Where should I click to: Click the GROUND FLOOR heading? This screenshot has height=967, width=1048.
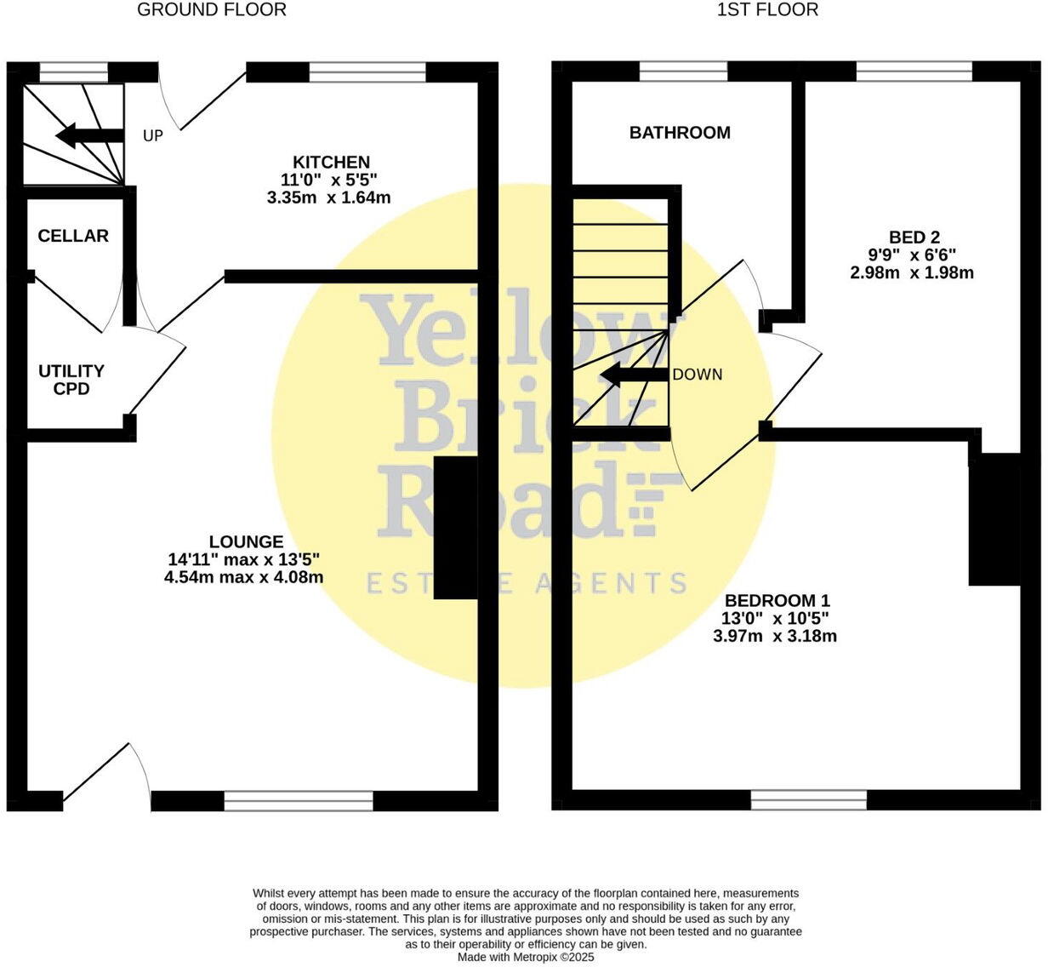212,10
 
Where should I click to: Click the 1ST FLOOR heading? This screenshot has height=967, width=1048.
768,10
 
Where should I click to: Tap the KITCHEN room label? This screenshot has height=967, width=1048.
331,162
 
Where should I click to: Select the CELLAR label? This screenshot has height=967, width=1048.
73,236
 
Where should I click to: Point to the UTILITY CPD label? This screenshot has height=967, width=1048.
71,380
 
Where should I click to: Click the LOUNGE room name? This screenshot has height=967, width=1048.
246,541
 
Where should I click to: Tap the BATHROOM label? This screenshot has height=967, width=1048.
680,132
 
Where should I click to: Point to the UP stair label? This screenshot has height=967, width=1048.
153,135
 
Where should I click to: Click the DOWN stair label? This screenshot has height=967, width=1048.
698,375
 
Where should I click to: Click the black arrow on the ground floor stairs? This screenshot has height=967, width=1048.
88,134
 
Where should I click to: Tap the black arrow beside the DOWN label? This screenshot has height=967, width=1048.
634,375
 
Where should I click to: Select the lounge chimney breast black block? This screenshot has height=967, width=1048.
456,528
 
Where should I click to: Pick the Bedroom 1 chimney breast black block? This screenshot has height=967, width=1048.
994,519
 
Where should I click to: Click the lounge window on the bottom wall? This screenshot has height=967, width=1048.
299,800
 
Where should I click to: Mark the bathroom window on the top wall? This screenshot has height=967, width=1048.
683,72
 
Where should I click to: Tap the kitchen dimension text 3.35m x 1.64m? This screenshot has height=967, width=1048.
328,197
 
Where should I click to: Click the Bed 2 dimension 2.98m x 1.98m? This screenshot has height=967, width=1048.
912,273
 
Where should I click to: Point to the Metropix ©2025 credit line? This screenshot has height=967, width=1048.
526,957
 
